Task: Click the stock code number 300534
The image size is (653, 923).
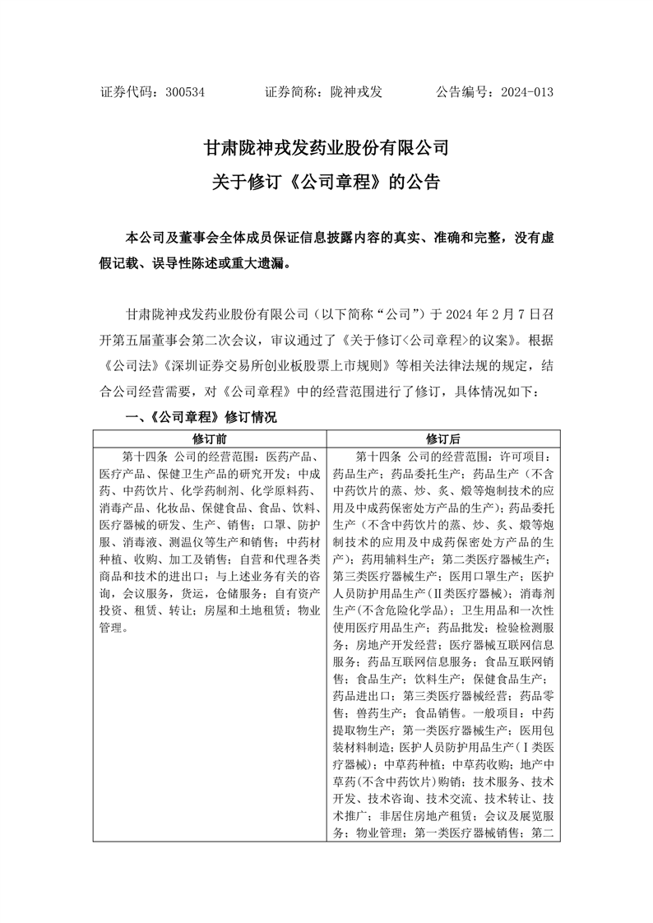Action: click(x=184, y=92)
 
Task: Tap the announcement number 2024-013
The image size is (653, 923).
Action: click(x=526, y=92)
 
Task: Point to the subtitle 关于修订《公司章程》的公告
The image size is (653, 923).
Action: click(x=326, y=183)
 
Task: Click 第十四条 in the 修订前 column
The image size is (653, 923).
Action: click(x=146, y=457)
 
